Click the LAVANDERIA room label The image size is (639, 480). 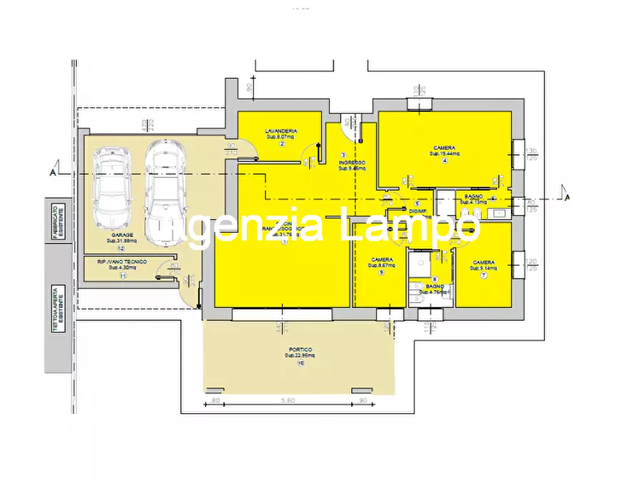(x=281, y=131)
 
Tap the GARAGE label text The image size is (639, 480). (x=122, y=235)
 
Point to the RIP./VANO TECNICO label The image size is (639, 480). (x=122, y=262)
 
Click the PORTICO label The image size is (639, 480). (x=302, y=350)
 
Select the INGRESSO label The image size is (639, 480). (x=351, y=163)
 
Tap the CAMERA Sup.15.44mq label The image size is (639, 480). (x=444, y=148)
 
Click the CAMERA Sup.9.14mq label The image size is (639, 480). (x=484, y=263)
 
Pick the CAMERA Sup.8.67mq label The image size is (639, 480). (x=381, y=259)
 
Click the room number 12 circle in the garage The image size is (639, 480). (x=122, y=248)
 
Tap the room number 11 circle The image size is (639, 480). (x=122, y=275)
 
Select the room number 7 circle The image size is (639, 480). (x=484, y=276)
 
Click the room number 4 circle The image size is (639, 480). (x=444, y=160)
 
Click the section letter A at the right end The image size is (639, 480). (x=566, y=197)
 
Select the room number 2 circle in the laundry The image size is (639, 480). (x=282, y=143)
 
